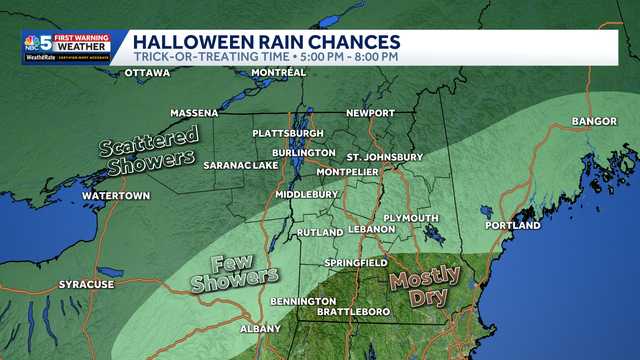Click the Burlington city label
(304, 152)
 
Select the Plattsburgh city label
(289, 133)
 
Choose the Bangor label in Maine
(588, 122)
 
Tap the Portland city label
(512, 225)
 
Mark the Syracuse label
(87, 284)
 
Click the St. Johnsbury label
(382, 157)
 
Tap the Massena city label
(194, 112)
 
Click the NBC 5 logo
(37, 47)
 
